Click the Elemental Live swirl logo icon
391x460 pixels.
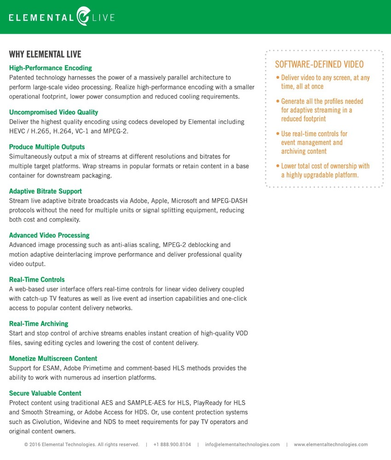pos(83,16)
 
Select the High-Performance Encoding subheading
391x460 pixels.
pos(51,68)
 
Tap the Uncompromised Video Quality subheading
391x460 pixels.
pos(53,112)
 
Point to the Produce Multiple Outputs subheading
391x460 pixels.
pos(47,147)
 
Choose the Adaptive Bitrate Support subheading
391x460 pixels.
pos(46,191)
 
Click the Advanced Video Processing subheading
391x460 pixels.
pos(49,236)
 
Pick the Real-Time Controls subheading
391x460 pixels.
pos(37,280)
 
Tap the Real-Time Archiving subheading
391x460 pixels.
pos(39,324)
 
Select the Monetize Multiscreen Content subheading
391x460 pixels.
pos(53,359)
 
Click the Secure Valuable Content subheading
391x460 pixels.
pos(45,393)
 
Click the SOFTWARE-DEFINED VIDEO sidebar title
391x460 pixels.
pos(319,64)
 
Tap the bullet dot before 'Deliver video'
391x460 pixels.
pos(277,78)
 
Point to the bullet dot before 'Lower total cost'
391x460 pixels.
pos(277,166)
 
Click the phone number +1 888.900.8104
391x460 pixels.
pos(172,445)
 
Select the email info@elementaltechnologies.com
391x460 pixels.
pos(242,445)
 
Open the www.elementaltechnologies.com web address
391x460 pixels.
pos(331,445)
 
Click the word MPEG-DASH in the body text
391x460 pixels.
pos(228,201)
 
